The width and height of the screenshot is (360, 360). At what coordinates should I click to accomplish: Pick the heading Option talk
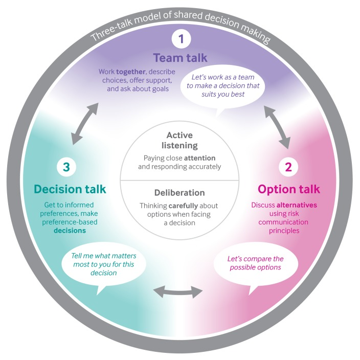289,189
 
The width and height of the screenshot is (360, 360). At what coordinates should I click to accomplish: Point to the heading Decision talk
70,189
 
